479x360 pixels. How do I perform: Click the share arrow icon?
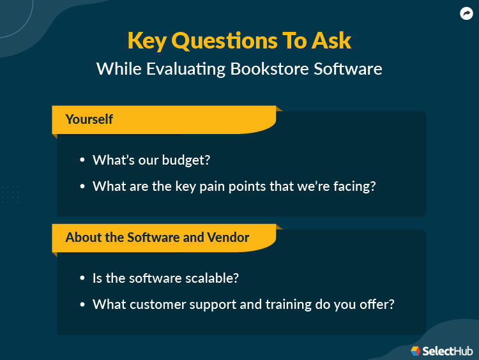pos(466,13)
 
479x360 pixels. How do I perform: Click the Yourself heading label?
pos(89,119)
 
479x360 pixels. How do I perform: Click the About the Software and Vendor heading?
pos(157,237)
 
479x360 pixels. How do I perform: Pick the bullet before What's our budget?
pos(82,161)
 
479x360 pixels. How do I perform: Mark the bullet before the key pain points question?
pos(82,187)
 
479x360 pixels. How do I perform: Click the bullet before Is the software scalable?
pos(82,279)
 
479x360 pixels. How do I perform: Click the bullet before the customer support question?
pos(82,305)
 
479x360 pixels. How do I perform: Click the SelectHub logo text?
pos(447,350)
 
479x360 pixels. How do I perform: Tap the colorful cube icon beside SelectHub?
pos(416,350)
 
